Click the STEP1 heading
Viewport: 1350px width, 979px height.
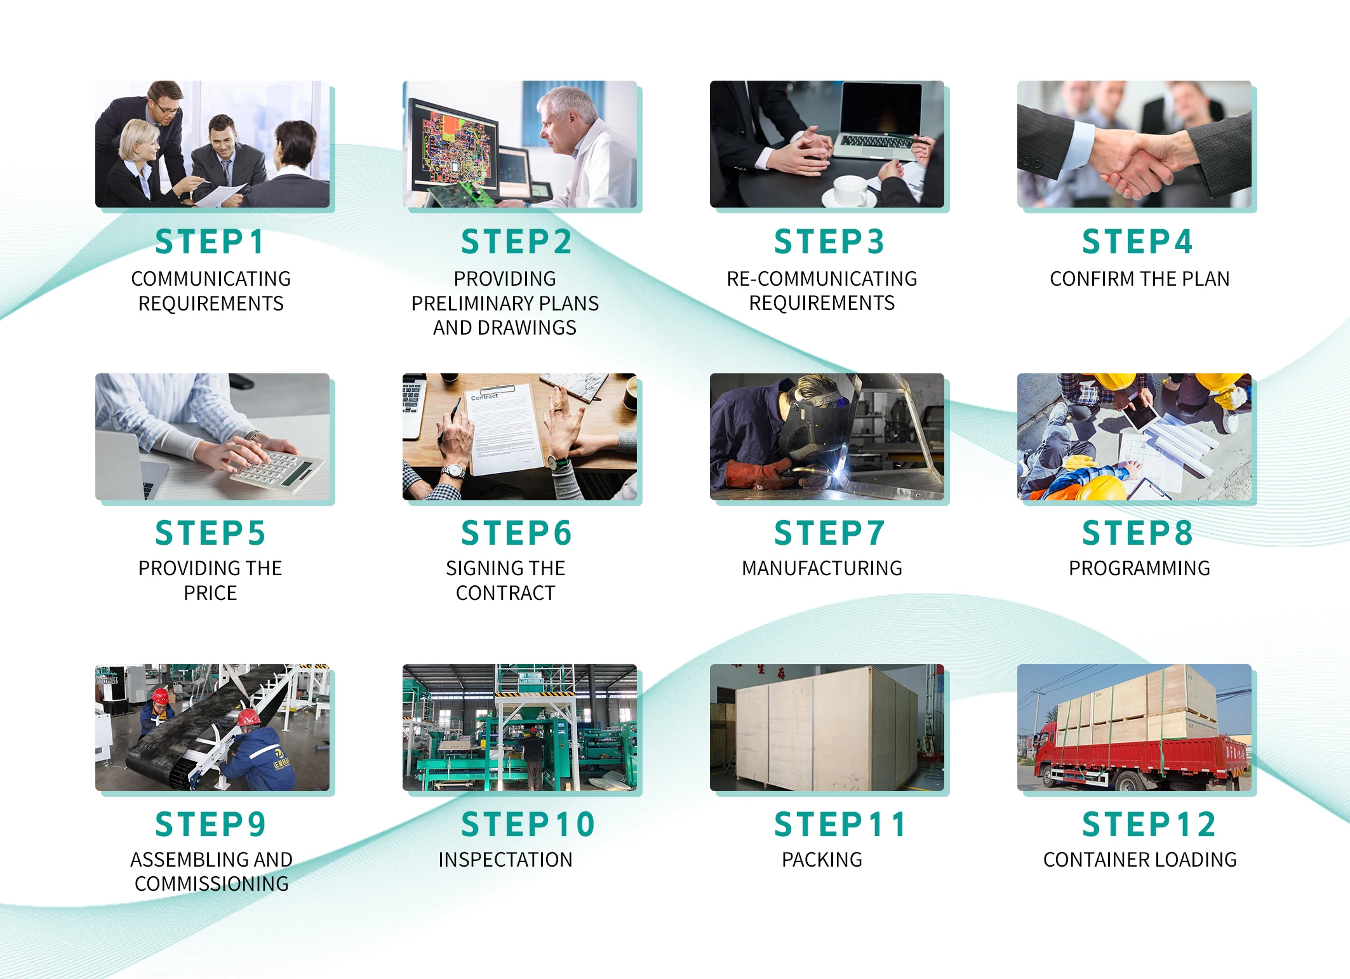pos(210,242)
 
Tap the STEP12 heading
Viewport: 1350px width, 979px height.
pos(1149,825)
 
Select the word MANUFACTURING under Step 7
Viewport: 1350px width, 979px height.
pos(822,568)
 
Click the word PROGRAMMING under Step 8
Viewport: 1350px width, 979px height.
pos(1139,568)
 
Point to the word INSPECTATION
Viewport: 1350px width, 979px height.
pos(505,860)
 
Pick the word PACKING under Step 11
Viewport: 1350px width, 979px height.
pos(822,860)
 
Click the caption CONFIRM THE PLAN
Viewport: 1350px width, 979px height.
pos(1139,279)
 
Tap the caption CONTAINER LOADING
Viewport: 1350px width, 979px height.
pos(1140,860)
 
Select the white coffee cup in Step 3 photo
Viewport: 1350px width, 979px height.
pos(851,190)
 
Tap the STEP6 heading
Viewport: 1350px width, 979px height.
pos(516,533)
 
